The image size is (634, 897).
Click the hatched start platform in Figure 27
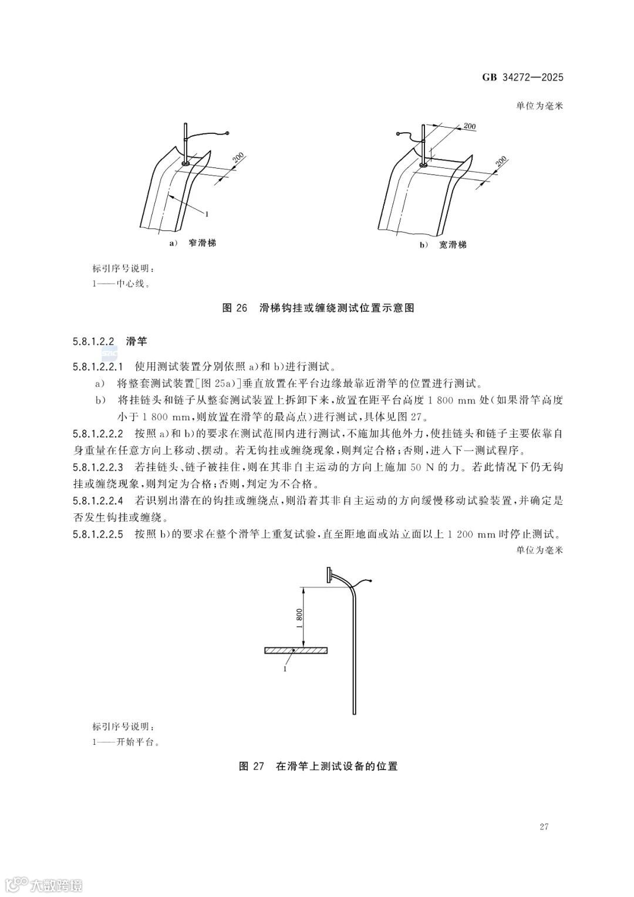pos(295,650)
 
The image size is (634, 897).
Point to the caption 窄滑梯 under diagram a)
pos(201,243)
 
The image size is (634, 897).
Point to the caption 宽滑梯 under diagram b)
pos(452,244)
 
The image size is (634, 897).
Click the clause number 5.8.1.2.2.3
pos(98,468)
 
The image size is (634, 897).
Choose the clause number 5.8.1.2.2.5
pos(98,535)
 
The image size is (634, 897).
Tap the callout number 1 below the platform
pos(285,668)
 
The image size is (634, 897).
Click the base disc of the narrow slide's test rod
pos(186,164)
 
